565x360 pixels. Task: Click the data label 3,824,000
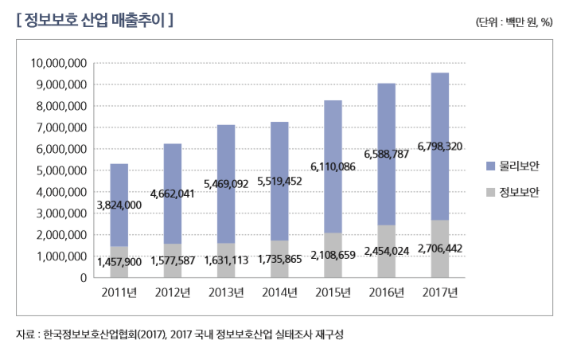pyautogui.click(x=119, y=205)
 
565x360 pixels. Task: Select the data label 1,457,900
pyautogui.click(x=119, y=261)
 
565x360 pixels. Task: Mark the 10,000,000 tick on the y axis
pyautogui.click(x=57, y=63)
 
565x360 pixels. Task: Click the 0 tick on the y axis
pyautogui.click(x=83, y=278)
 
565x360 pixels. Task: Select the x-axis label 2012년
pyautogui.click(x=173, y=292)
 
